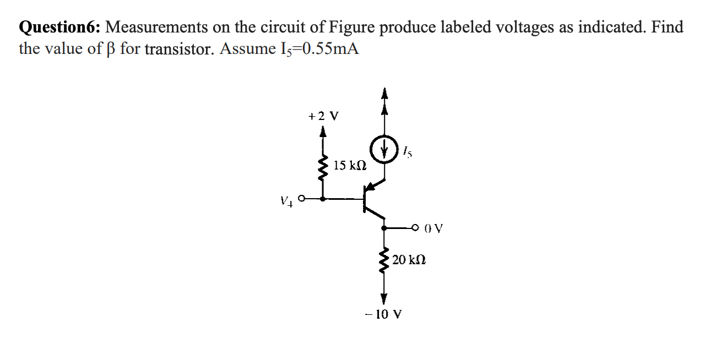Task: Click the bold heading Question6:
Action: [x=59, y=27]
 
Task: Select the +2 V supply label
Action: [x=323, y=116]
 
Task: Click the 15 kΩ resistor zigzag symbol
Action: [x=323, y=163]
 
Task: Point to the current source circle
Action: [x=384, y=148]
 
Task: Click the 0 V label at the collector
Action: [x=434, y=227]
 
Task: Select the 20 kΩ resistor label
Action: [x=409, y=259]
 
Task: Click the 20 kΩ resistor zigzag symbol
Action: [x=384, y=258]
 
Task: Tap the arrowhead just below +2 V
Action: [x=323, y=132]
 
